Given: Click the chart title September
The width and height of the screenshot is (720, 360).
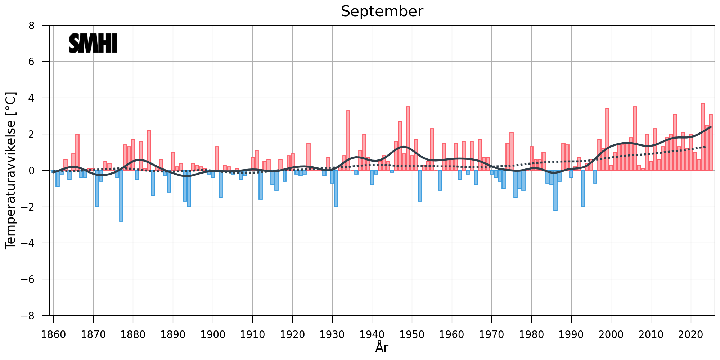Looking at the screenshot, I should coord(382,12).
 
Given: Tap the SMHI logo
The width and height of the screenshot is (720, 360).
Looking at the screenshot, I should coord(93,43).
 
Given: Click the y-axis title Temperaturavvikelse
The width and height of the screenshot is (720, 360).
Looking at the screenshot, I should coord(11,170).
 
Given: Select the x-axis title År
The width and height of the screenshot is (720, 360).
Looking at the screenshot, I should coord(382,348).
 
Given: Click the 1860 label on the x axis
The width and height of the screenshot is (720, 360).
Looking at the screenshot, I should coord(53,334).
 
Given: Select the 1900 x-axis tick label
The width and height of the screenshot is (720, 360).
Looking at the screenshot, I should coord(213,334).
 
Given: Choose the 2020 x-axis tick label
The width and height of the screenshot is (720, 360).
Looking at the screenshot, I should coord(690,334).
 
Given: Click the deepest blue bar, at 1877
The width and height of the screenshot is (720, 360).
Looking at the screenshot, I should coord(121,196).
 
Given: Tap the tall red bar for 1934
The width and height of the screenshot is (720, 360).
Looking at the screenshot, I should coord(348,140).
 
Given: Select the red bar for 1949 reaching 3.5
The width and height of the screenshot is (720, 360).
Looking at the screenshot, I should coord(408,139).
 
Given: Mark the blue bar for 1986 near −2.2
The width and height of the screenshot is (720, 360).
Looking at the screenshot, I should coord(555,190).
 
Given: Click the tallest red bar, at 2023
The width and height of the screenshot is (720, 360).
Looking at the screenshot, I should coord(702,137).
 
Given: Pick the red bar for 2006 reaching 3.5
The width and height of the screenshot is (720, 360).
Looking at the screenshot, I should coord(635,139).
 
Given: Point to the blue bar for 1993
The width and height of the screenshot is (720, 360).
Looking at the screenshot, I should coord(583,189).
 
